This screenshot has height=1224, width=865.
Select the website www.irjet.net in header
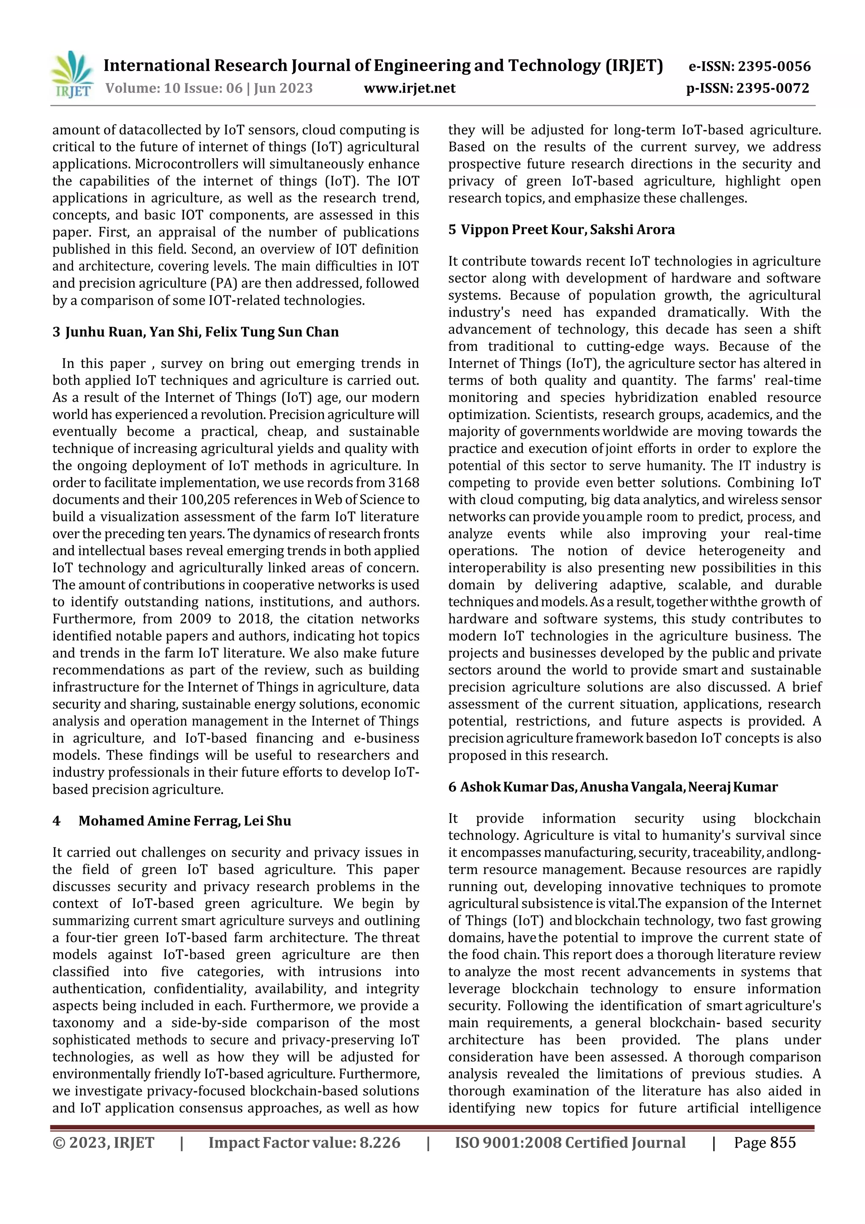point(409,88)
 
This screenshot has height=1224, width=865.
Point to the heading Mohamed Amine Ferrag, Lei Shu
point(185,821)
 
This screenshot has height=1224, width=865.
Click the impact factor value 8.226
point(379,1142)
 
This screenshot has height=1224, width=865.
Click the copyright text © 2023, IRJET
point(103,1142)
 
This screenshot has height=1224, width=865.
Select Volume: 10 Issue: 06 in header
point(174,88)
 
